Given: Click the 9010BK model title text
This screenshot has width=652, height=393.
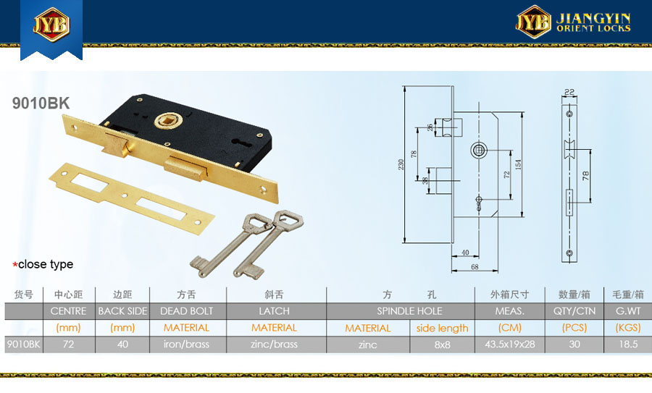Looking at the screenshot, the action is tap(41, 103).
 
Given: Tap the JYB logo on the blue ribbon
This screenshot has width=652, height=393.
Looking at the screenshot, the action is tap(51, 25).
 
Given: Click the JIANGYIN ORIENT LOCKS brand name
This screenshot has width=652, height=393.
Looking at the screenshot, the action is tap(593, 22).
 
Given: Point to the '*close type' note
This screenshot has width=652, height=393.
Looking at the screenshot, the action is tap(43, 264).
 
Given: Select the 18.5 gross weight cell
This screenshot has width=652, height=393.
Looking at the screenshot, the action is tap(628, 345).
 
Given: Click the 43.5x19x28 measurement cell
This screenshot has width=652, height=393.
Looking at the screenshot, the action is tap(510, 345).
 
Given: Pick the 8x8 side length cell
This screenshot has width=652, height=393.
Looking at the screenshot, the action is tap(443, 345).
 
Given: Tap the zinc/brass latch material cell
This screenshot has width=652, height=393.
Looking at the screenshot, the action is tap(274, 345).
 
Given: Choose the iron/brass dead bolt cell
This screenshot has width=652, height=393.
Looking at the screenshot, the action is tap(186, 345).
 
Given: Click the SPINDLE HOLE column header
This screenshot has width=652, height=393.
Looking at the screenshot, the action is tap(409, 311).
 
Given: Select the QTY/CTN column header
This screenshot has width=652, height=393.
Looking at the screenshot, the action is tap(574, 311).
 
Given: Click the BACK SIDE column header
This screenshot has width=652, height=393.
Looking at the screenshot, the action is tap(122, 311).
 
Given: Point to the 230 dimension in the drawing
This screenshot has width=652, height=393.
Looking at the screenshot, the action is tap(401, 164).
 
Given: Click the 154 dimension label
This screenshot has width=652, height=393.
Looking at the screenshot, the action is tap(518, 164).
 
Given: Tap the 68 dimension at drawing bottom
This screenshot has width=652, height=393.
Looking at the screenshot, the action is tap(475, 267).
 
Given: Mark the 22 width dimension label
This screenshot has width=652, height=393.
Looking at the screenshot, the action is tap(569, 92).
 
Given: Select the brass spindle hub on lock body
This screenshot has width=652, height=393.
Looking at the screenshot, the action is tap(168, 121).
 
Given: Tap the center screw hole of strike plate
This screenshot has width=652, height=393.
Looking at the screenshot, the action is tap(124, 195).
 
